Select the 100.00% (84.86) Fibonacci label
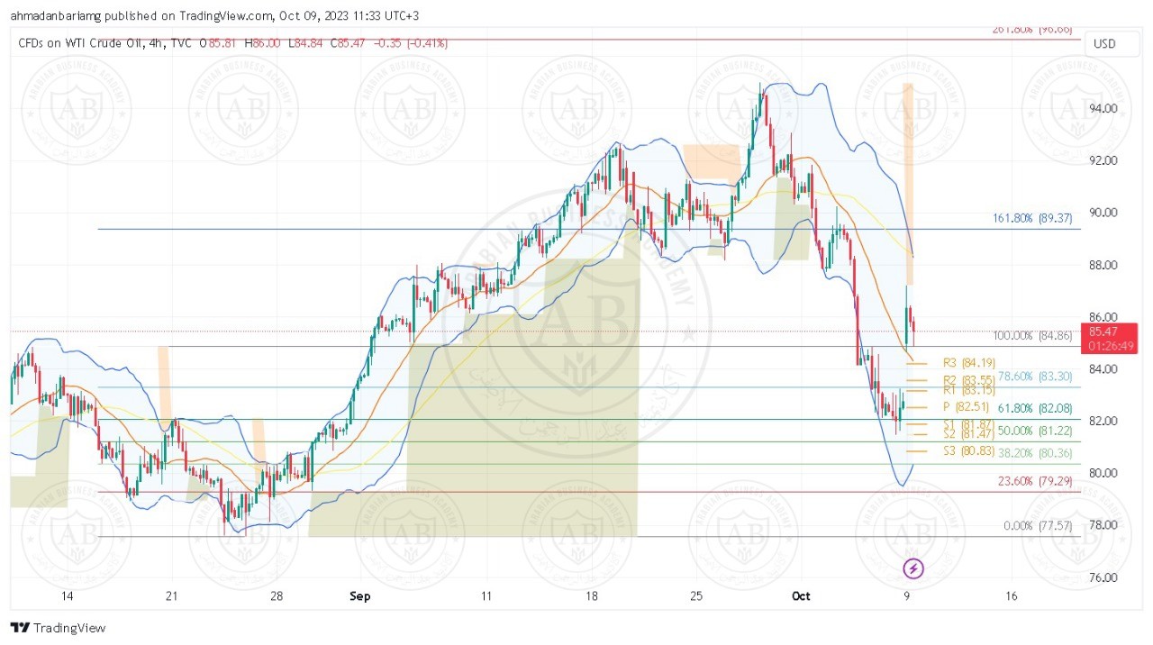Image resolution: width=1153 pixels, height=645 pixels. click(x=1032, y=336)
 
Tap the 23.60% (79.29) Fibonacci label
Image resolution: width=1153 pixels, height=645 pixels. click(x=1035, y=481)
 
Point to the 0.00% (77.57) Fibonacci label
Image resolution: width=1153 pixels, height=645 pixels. click(x=1038, y=526)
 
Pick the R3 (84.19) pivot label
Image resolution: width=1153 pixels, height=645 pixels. click(x=963, y=363)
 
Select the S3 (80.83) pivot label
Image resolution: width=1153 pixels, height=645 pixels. click(x=963, y=450)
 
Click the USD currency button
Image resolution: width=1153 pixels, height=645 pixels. click(x=1104, y=43)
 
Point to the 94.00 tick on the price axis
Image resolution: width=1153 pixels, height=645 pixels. click(x=1103, y=109)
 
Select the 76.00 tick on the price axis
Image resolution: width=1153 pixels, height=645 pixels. click(x=1103, y=577)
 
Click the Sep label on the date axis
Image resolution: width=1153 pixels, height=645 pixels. click(x=359, y=596)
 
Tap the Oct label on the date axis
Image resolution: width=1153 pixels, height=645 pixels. click(x=801, y=596)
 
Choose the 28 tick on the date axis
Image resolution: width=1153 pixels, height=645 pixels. click(x=277, y=596)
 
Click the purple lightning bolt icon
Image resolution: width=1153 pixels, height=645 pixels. click(x=914, y=568)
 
